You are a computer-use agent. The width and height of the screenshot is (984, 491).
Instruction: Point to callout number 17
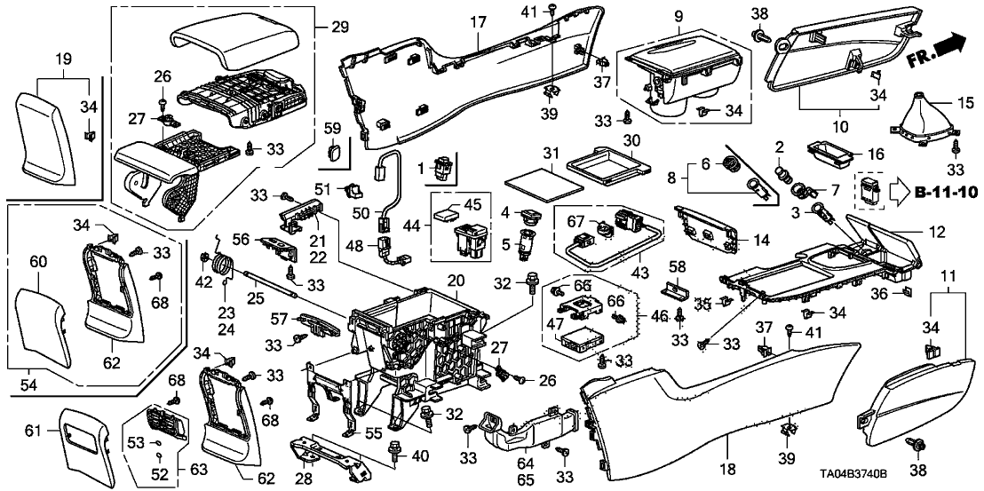[x=478, y=20]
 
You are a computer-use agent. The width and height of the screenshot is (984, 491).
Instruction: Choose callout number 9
[x=678, y=15]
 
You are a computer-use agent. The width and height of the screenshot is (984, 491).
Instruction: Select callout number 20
[x=455, y=281]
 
